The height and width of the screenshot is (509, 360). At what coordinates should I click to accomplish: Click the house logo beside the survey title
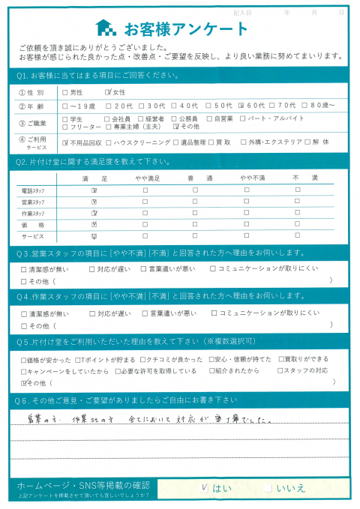(106, 28)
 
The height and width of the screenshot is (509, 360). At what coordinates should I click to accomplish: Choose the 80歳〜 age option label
(329, 106)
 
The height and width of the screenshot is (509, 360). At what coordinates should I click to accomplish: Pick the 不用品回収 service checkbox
(65, 142)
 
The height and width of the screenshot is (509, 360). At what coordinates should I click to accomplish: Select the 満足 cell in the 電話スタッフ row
(94, 190)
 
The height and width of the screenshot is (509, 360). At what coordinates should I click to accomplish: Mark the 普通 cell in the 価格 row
(194, 224)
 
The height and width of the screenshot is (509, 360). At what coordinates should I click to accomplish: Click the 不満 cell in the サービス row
(297, 236)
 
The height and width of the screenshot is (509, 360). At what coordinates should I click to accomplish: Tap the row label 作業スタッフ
(33, 214)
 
